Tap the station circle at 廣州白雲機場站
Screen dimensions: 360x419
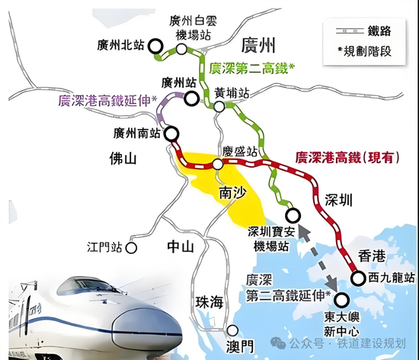(183, 48)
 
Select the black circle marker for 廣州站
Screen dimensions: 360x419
(190, 97)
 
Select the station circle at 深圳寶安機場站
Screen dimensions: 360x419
(290, 215)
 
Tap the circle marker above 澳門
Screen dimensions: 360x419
(232, 330)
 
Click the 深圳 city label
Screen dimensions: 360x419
(336, 201)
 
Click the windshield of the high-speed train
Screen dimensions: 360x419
(79, 288)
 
